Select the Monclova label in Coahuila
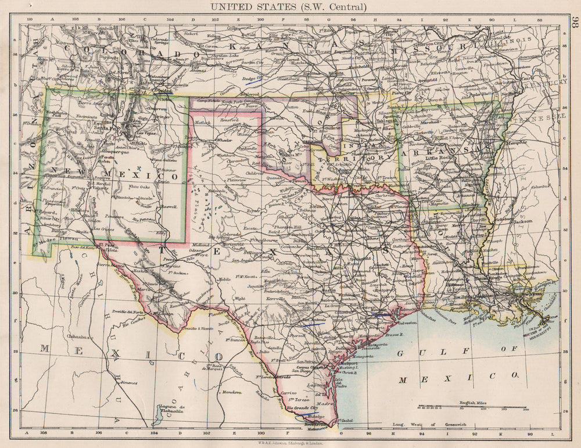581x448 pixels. pyautogui.click(x=231, y=392)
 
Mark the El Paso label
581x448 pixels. pyautogui.click(x=105, y=245)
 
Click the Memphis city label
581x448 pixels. pyautogui.click(x=517, y=142)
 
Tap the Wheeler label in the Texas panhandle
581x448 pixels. pyautogui.click(x=223, y=140)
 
